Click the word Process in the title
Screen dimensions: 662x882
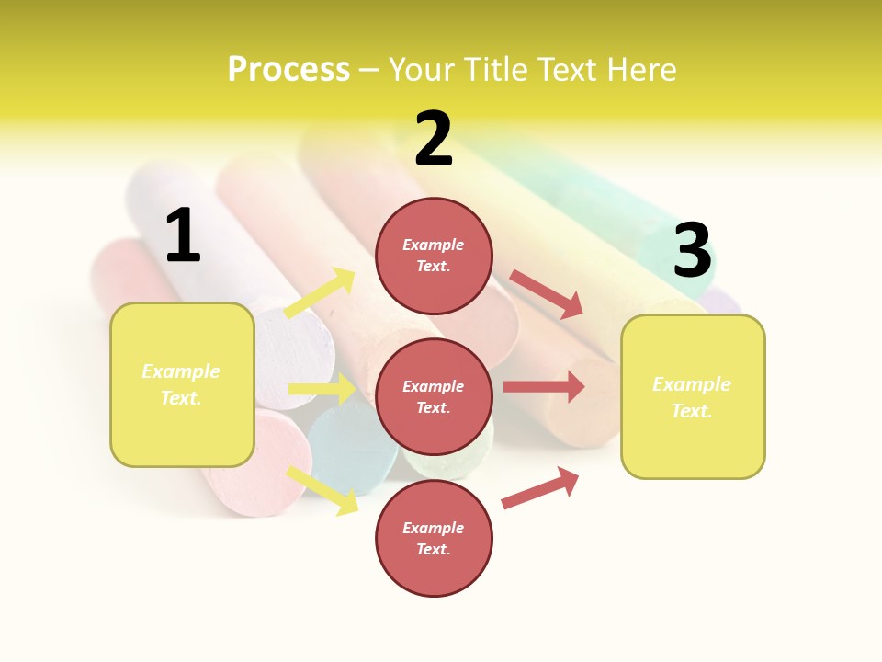[288, 69]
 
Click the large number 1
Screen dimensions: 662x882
[183, 236]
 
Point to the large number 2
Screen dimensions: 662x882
[434, 139]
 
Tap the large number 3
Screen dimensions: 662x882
[693, 251]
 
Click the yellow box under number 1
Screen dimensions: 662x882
[182, 384]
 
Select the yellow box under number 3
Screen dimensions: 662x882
[693, 396]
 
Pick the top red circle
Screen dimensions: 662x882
[434, 255]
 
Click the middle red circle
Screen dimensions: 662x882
[434, 396]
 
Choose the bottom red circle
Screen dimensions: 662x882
[434, 538]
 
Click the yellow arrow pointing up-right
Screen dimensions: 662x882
[320, 293]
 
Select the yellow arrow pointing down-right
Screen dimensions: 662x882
[322, 490]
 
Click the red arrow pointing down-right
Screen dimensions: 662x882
[546, 293]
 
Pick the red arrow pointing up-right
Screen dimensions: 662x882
[540, 487]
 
